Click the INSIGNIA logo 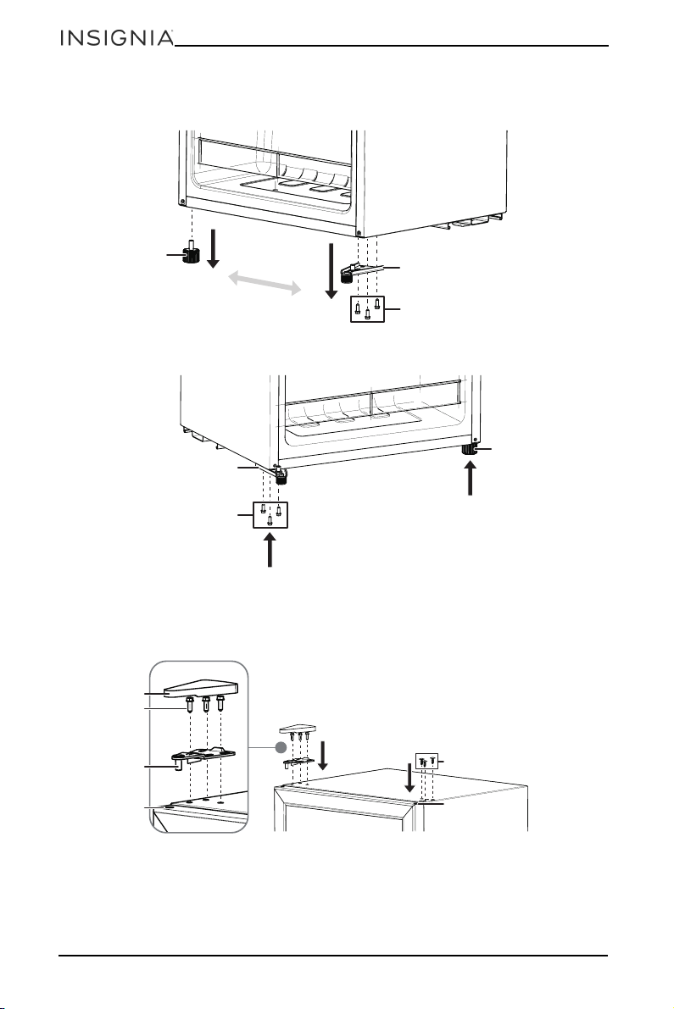(116, 38)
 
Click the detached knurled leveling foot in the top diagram (192, 253)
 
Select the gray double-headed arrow (266, 283)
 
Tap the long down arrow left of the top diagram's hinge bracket (331, 271)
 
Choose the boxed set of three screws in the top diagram (367, 309)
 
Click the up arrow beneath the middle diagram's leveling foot (470, 480)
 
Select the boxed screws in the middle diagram (270, 515)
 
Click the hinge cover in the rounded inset (202, 690)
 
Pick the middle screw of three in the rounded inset (206, 703)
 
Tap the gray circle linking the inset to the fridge (281, 747)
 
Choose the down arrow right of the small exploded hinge (323, 756)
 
